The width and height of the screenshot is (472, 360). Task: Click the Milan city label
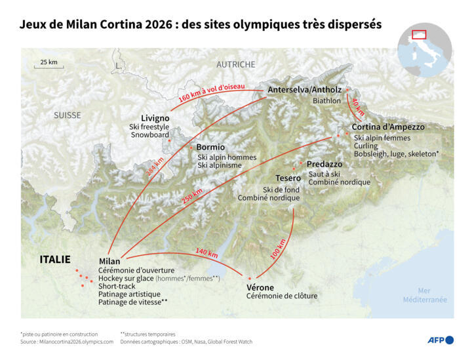click(109, 261)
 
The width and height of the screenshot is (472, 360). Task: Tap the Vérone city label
click(260, 287)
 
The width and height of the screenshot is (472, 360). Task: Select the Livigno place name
click(155, 118)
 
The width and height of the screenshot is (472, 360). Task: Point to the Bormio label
click(210, 148)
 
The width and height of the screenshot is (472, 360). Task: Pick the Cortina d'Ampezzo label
click(388, 127)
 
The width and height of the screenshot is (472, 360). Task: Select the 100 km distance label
click(279, 250)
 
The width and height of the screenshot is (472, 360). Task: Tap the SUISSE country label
click(68, 115)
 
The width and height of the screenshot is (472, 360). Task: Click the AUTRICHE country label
click(236, 64)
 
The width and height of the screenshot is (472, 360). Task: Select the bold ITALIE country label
click(55, 260)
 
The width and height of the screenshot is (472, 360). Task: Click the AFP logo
click(441, 340)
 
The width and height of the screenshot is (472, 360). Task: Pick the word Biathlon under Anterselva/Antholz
click(326, 101)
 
